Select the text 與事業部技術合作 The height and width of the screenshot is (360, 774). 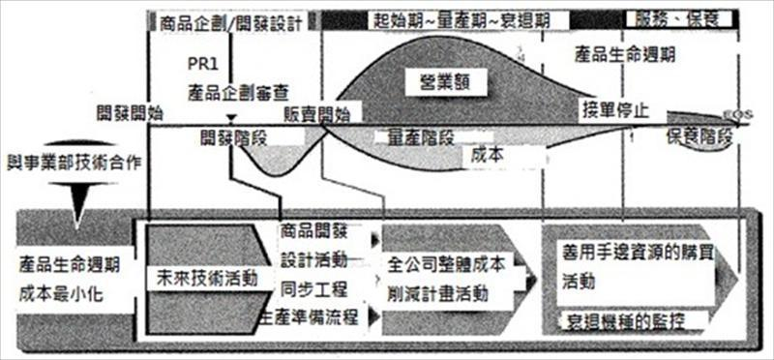74,160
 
